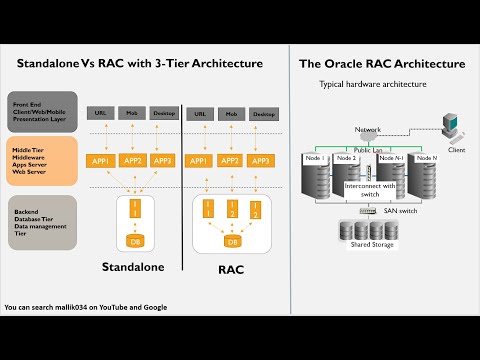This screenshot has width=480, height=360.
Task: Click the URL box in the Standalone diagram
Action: point(100,114)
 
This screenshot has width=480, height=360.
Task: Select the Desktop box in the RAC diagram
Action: point(263,114)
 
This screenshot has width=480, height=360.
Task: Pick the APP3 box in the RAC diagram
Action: point(262,160)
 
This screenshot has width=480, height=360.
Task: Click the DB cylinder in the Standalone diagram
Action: point(135,240)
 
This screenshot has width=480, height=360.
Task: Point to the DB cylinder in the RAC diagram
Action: point(232,242)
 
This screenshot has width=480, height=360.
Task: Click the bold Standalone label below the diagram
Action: point(133,268)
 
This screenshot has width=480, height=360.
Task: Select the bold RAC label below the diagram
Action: point(232,269)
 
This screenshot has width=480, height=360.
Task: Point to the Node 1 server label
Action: point(315,159)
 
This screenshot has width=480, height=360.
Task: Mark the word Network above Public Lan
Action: point(368,130)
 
